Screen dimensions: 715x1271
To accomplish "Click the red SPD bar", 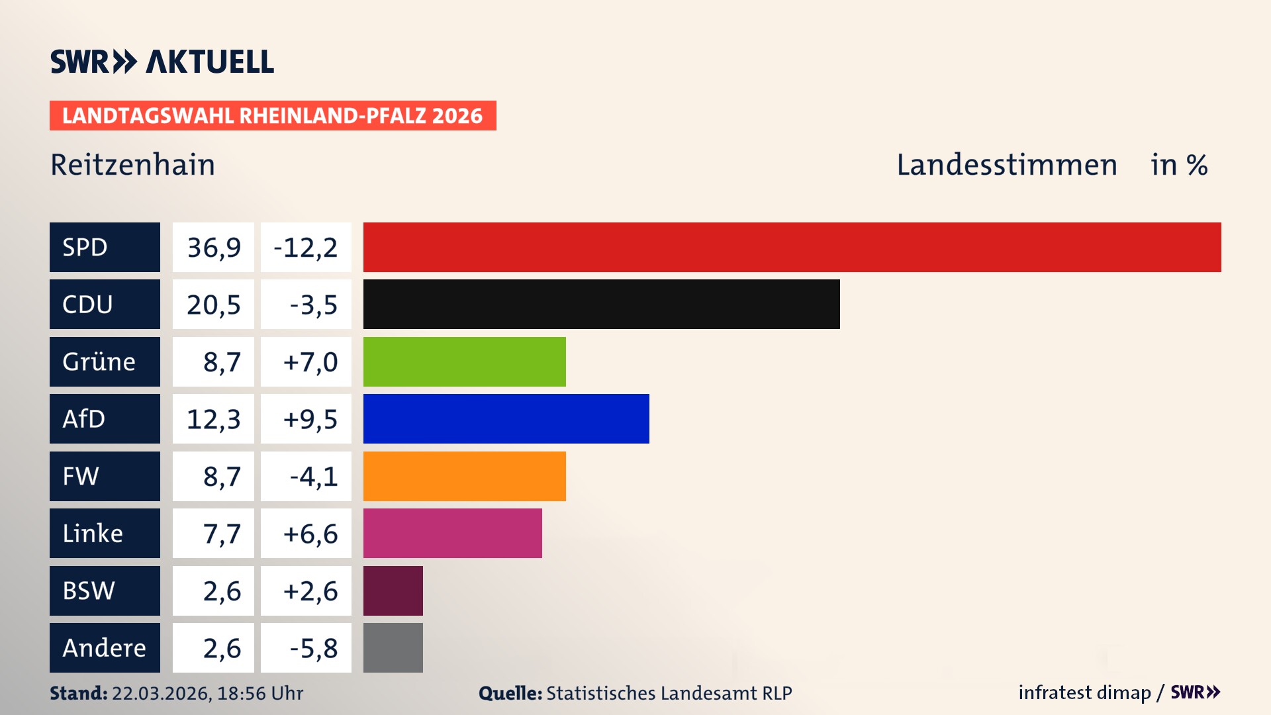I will point(792,247).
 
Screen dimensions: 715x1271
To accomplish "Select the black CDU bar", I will point(601,304).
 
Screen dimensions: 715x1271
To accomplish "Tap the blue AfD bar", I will point(506,418).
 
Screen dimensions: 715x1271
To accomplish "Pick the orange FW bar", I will point(464,476).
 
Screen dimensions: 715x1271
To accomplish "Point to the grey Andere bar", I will point(393,647).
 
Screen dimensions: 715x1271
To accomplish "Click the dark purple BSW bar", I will point(393,591).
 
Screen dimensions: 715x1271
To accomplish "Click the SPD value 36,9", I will point(213,247).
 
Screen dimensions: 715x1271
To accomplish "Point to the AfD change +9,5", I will point(310,419).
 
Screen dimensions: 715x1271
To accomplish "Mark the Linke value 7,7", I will point(221,534).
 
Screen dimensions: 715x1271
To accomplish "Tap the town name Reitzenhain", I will point(132,165).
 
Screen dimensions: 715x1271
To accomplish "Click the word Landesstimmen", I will point(1006,165).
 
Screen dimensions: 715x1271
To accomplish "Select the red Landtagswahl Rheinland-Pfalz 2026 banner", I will point(272,116).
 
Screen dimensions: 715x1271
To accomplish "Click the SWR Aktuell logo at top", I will point(162,62).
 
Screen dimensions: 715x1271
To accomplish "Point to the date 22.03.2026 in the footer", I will point(161,693).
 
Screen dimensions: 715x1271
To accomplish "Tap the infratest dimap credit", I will point(1084,692).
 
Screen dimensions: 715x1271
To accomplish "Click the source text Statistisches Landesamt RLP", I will point(669,693).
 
